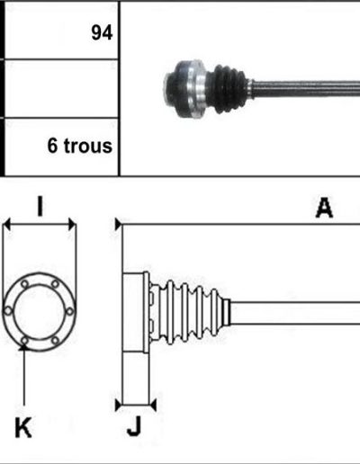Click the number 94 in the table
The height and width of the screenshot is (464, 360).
point(102,32)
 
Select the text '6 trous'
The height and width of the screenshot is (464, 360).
point(80,146)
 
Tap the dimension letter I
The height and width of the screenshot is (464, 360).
point(40,206)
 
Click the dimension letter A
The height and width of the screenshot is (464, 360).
point(324,208)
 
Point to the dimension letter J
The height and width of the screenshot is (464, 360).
point(134,426)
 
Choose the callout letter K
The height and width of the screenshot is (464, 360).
point(23,427)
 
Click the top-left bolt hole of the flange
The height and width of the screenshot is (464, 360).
point(24,284)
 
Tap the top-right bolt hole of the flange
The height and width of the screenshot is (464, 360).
point(55,283)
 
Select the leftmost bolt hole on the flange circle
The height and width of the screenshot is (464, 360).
point(8,311)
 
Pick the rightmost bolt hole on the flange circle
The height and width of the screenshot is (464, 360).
point(69,311)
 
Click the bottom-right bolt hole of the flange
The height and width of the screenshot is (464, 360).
point(55,341)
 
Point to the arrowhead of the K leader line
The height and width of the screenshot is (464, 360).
point(23,347)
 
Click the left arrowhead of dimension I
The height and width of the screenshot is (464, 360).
point(6,224)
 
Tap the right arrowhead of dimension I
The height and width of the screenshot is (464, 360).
point(72,224)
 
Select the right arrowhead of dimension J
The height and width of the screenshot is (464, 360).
point(153,406)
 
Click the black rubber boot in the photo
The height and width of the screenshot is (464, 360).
point(229,89)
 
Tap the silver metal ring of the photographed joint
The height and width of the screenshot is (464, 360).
point(197,89)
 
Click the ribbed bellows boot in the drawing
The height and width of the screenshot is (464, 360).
point(189,312)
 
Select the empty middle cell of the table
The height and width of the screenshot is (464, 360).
point(61,88)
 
